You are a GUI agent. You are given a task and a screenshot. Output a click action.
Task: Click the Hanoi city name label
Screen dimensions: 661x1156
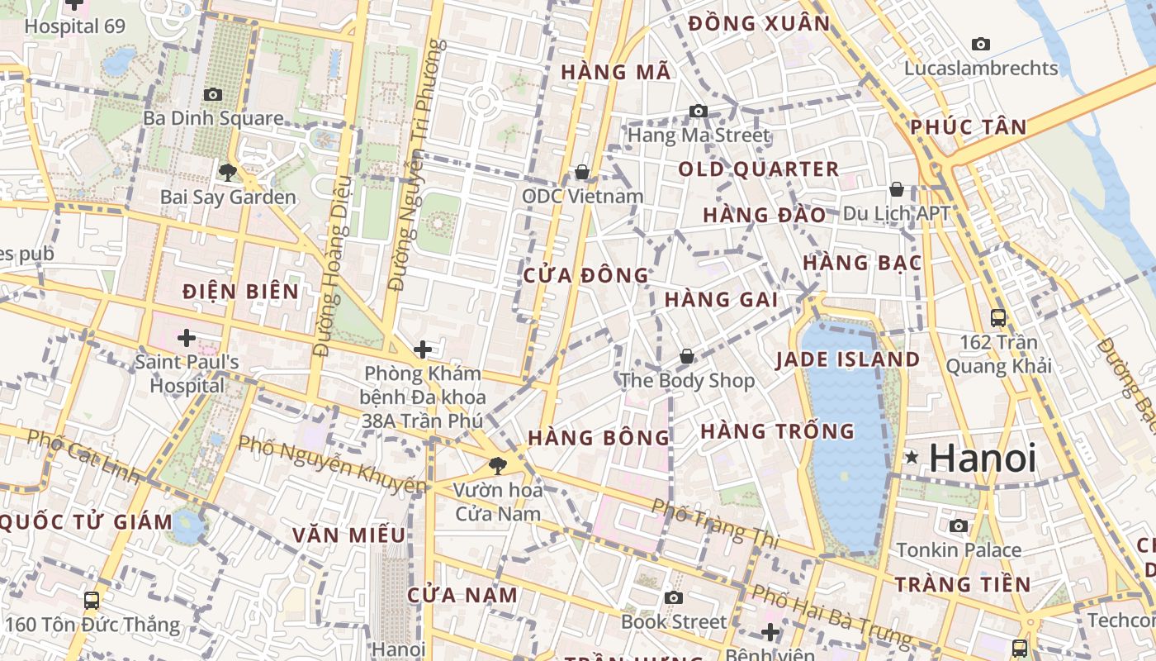pyautogui.click(x=983, y=459)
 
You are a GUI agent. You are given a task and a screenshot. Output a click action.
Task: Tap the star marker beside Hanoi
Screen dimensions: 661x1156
pyautogui.click(x=912, y=457)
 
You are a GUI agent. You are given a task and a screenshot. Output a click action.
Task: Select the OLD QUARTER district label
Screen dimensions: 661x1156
pyautogui.click(x=758, y=169)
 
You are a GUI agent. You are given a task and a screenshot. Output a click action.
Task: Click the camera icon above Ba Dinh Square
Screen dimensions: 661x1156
pyautogui.click(x=213, y=94)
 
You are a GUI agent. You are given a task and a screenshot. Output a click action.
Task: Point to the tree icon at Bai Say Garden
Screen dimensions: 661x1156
pyautogui.click(x=227, y=173)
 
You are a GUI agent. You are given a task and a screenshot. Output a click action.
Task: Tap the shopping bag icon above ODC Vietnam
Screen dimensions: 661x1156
pyautogui.click(x=582, y=172)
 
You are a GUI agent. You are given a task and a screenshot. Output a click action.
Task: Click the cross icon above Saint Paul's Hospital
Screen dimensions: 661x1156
pyautogui.click(x=187, y=337)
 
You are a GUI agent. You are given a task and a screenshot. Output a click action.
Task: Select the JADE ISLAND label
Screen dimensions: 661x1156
pyautogui.click(x=847, y=359)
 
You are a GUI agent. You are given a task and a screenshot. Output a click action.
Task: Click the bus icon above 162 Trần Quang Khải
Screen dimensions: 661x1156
pyautogui.click(x=998, y=317)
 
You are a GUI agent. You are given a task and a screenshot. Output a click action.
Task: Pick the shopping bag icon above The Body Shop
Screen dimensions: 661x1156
pyautogui.click(x=686, y=356)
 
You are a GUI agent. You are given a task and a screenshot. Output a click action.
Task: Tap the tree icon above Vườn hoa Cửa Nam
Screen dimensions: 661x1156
pyautogui.click(x=497, y=466)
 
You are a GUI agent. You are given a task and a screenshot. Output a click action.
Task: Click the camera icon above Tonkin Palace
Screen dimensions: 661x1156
pyautogui.click(x=959, y=525)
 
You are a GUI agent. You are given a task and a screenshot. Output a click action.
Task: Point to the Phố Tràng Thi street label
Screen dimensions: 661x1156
pyautogui.click(x=715, y=523)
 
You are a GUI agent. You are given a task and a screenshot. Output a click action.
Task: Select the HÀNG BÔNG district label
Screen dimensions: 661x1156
pyautogui.click(x=599, y=438)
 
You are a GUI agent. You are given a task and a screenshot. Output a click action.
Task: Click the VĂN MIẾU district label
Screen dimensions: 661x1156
pyautogui.click(x=348, y=535)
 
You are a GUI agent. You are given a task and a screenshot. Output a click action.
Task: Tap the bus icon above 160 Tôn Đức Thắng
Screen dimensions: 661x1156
pyautogui.click(x=92, y=600)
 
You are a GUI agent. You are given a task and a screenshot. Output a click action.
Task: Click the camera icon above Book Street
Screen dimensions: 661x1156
pyautogui.click(x=674, y=597)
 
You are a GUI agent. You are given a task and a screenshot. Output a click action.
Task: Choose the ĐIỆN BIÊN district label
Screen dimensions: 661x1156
pyautogui.click(x=240, y=292)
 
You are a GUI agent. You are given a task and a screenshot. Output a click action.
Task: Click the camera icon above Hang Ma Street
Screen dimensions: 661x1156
pyautogui.click(x=699, y=111)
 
